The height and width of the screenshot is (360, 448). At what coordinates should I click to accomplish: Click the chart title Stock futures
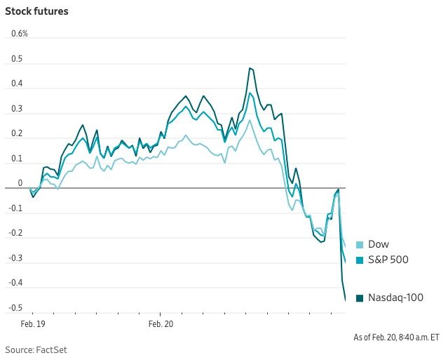point(36,12)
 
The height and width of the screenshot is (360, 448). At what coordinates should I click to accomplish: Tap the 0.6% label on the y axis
point(19,34)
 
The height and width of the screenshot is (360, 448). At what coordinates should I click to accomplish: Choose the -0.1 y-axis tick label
point(15,208)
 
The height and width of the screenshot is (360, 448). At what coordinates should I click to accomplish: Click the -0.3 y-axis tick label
point(15,258)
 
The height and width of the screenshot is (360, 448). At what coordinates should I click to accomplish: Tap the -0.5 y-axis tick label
point(15,308)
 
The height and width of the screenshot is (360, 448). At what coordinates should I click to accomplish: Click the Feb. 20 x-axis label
point(160,324)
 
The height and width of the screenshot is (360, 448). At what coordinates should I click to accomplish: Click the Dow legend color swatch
point(360,245)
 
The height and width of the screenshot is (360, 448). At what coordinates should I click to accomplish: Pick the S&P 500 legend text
point(388,260)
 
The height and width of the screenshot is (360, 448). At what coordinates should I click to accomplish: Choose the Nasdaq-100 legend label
point(395,298)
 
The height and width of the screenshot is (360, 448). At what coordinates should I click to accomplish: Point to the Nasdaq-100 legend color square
point(360,298)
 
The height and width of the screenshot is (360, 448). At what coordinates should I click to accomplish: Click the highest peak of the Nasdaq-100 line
point(250,68)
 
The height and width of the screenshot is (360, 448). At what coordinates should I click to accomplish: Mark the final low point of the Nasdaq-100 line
point(345,300)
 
